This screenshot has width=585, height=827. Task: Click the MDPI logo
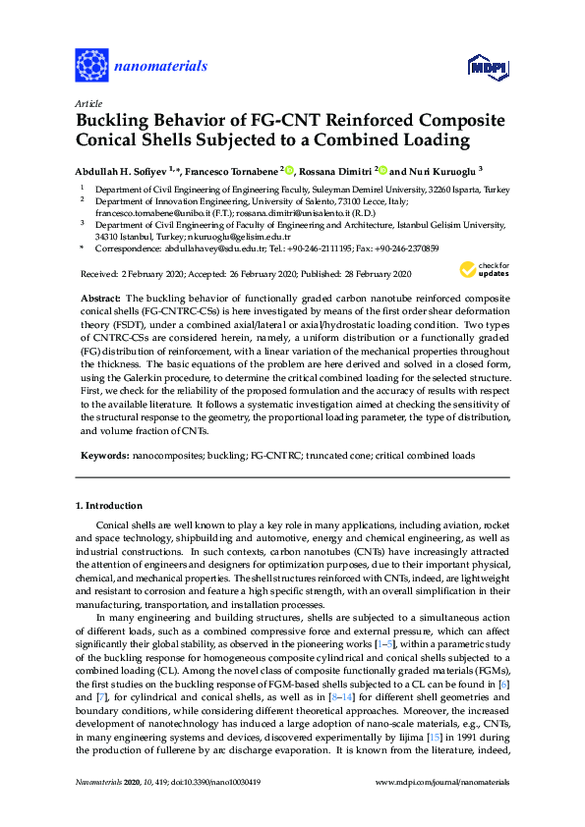[x=480, y=68]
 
